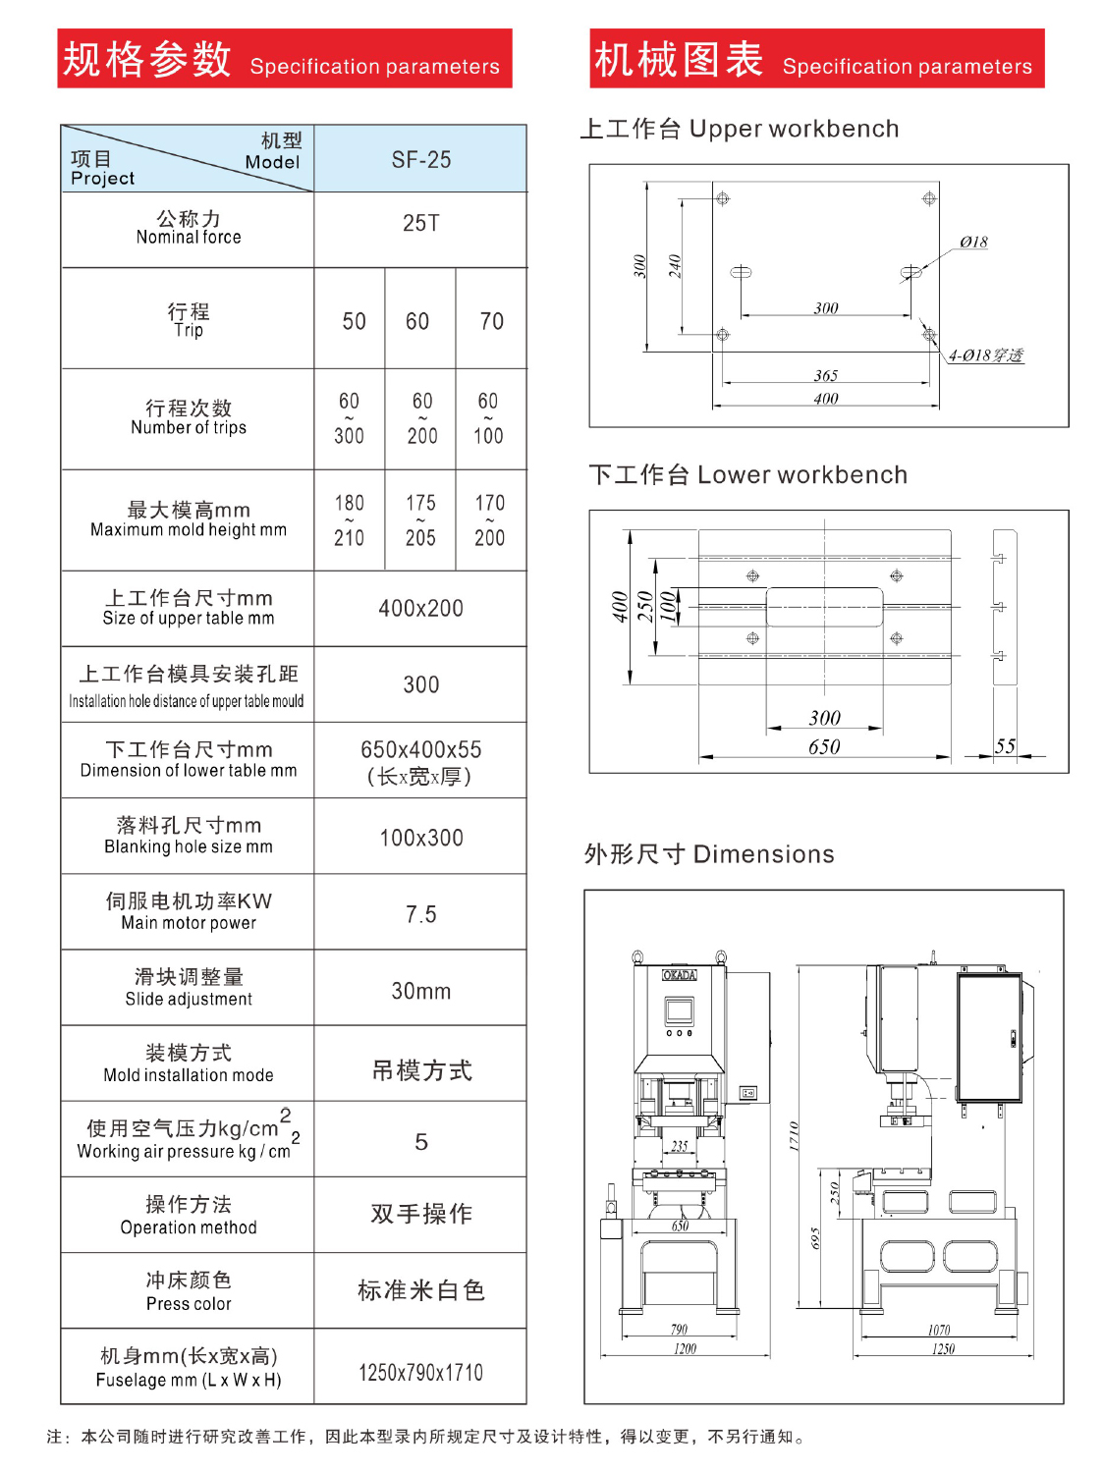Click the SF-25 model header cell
pyautogui.click(x=420, y=159)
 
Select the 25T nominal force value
pyautogui.click(x=420, y=223)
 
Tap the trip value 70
pyautogui.click(x=491, y=320)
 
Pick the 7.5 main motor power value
pyautogui.click(x=420, y=913)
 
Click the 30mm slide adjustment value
pyautogui.click(x=420, y=990)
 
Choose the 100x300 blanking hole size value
pyautogui.click(x=420, y=837)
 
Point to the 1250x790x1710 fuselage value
pyautogui.click(x=420, y=1372)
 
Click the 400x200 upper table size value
pyautogui.click(x=420, y=608)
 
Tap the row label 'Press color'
pyautogui.click(x=189, y=1303)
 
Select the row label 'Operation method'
pyautogui.click(x=189, y=1227)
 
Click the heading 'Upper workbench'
pyautogui.click(x=794, y=128)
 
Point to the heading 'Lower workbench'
pyautogui.click(x=802, y=474)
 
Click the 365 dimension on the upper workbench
pyautogui.click(x=826, y=375)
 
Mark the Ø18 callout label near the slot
pyautogui.click(x=973, y=242)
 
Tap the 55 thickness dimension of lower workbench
pyautogui.click(x=1005, y=745)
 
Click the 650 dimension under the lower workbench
pyautogui.click(x=824, y=746)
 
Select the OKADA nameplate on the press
pyautogui.click(x=679, y=974)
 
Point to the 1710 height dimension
pyautogui.click(x=794, y=1136)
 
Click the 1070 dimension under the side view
pyautogui.click(x=938, y=1330)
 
